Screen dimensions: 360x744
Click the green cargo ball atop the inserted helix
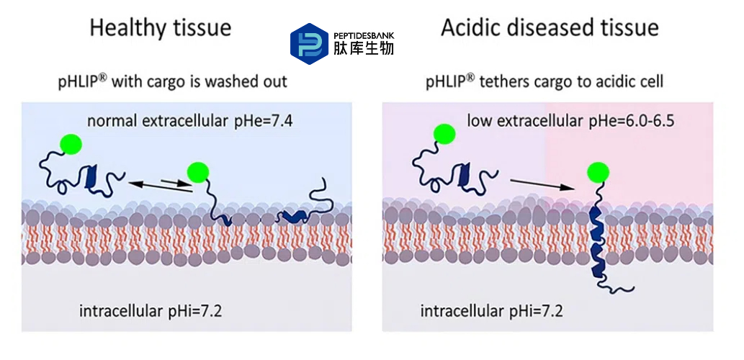coord(598,174)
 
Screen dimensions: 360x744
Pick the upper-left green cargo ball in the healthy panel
coord(71,145)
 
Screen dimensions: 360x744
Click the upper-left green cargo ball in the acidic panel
coord(444,134)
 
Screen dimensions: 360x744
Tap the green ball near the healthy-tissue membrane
coord(197,171)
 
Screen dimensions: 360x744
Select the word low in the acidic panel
coord(479,120)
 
